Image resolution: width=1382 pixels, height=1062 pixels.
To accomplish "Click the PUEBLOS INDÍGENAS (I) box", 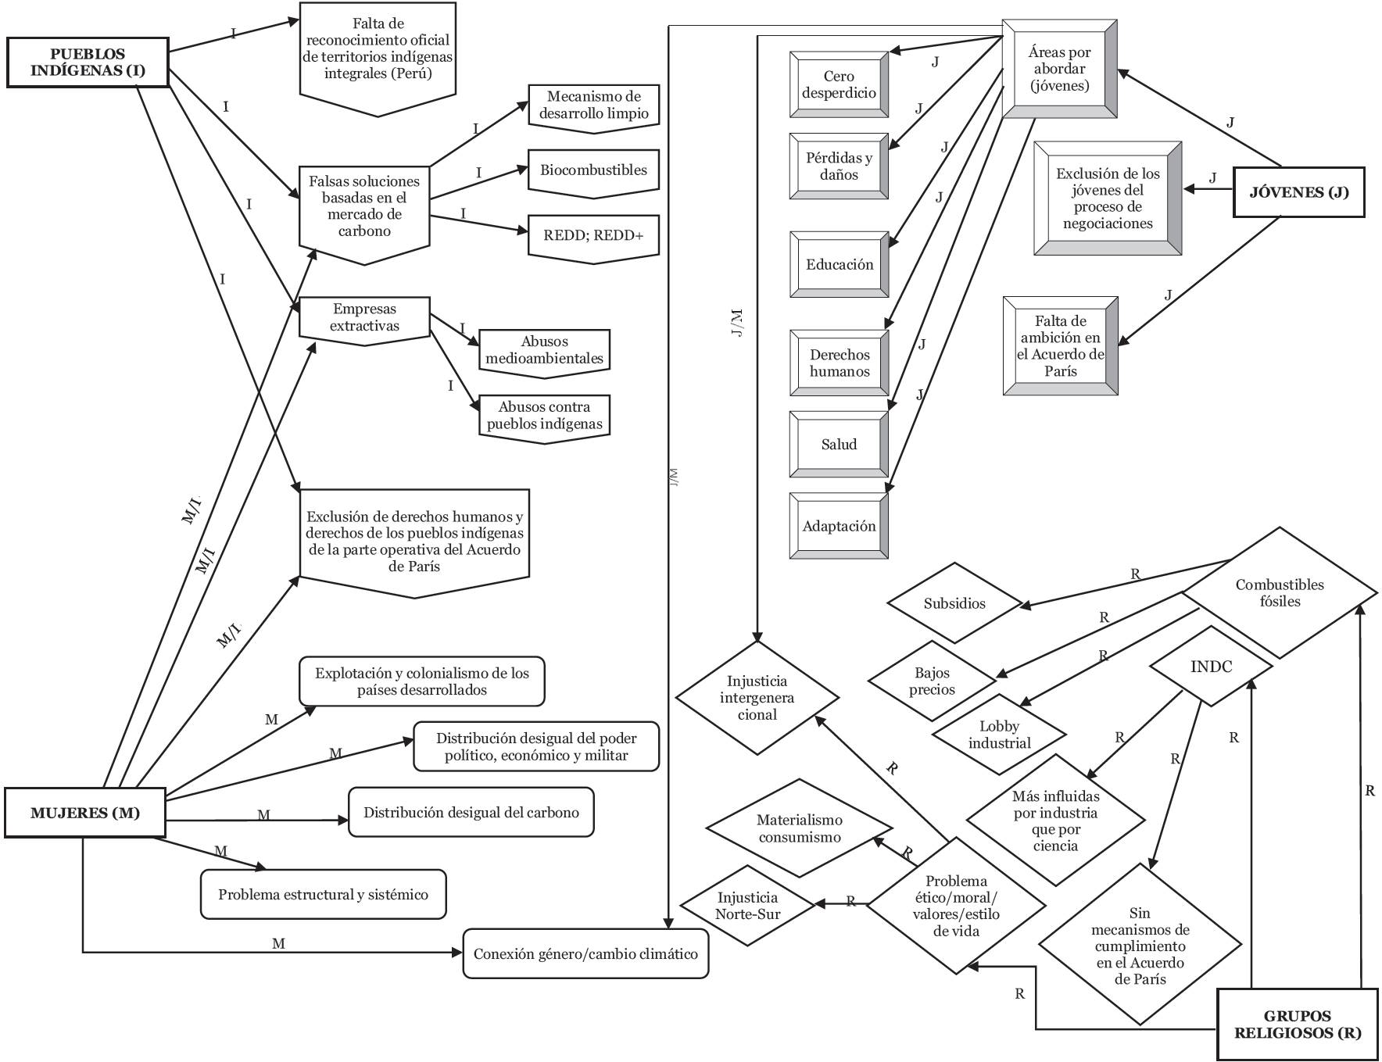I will [x=88, y=63].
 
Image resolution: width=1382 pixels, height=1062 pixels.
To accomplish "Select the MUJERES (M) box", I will [x=85, y=813].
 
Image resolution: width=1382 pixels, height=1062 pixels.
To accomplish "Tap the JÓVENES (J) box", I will [x=1298, y=192].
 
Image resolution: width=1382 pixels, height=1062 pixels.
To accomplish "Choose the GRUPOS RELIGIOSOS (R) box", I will [x=1297, y=1024].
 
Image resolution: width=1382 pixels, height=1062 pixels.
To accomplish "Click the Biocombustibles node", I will [x=593, y=171].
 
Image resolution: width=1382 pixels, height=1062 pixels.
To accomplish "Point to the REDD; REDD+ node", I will [x=593, y=236].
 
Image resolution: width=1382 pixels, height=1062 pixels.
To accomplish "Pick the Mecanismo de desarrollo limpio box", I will [x=593, y=105].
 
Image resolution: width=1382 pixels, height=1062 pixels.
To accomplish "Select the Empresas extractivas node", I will [x=364, y=318].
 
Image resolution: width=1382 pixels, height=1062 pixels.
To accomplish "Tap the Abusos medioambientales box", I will [x=544, y=351].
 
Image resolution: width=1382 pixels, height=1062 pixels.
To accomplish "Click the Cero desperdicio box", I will [x=839, y=84].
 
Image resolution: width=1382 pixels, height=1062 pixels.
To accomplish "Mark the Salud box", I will [x=839, y=444].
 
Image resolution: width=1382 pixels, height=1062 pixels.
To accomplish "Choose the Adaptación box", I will [x=839, y=526].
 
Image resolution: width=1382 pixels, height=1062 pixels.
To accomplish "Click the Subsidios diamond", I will [x=954, y=603].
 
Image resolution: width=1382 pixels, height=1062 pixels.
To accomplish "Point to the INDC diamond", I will [x=1211, y=667].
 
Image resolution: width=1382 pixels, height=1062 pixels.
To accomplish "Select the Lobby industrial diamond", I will [x=999, y=735].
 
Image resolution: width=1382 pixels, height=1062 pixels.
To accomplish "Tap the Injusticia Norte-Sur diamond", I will [x=748, y=906].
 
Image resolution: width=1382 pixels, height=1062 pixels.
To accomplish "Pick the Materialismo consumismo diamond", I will [x=799, y=828].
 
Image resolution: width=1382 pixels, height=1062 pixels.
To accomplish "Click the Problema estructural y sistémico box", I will [x=323, y=895].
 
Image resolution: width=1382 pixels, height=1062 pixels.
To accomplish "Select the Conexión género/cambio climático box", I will [x=585, y=954].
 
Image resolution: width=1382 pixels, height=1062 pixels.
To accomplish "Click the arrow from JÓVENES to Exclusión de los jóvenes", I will [x=1207, y=189].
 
